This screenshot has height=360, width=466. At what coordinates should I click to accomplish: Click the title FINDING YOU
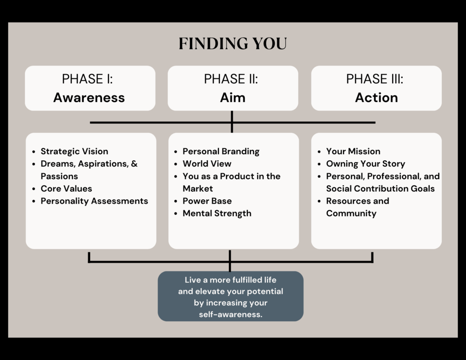point(233,43)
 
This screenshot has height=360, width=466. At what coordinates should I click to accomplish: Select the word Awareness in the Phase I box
point(89,97)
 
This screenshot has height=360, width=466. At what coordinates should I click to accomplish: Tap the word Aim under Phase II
point(233,97)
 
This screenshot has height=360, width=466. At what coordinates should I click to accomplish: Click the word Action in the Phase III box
point(376,97)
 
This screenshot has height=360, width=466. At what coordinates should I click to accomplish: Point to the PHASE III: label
point(375,79)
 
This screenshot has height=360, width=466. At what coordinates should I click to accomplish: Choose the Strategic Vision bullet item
point(74,151)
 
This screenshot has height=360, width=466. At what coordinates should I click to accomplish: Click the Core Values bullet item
point(66,188)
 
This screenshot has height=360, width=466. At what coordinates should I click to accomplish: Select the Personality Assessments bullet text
point(94,201)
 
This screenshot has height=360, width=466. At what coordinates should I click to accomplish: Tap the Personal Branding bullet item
point(221,151)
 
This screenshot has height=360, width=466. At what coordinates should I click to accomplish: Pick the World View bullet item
point(207,163)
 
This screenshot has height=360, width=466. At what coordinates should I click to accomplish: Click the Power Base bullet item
point(207,201)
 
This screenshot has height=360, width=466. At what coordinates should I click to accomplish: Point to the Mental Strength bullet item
point(217,213)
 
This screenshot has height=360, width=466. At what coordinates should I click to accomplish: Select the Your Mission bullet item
point(353,151)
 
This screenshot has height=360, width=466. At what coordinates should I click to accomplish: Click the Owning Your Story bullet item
point(365,164)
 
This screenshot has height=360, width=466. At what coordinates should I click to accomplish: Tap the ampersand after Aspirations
point(134,163)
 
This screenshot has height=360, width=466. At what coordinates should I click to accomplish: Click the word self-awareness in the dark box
point(230,314)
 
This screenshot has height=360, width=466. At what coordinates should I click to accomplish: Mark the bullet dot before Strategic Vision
point(34,152)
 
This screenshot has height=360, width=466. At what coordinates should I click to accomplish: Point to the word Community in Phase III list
point(351,213)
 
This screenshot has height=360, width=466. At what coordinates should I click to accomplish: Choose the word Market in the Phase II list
point(198,188)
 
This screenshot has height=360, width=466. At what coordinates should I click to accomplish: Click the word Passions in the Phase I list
point(59,176)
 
